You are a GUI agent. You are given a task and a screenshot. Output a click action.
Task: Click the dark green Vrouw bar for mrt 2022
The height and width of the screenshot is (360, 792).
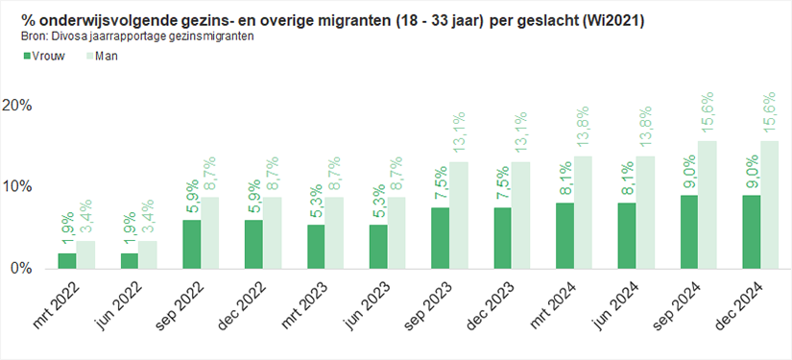pyautogui.click(x=66, y=260)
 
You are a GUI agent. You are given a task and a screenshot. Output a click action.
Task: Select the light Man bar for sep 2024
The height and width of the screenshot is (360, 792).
pyautogui.click(x=708, y=204)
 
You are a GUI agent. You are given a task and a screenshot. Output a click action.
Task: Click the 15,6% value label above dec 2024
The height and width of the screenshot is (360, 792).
pyautogui.click(x=769, y=114)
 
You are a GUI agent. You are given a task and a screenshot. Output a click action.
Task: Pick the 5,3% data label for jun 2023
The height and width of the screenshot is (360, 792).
pyautogui.click(x=377, y=204)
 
